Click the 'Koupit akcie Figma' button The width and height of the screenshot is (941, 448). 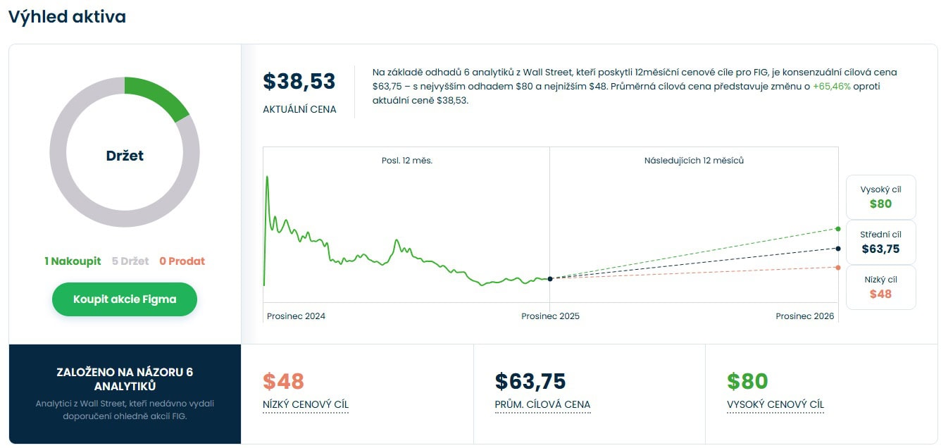[125, 299]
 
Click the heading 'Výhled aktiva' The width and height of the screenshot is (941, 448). [67, 16]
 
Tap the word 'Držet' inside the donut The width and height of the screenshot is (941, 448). [125, 156]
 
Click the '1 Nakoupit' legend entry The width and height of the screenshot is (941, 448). [73, 261]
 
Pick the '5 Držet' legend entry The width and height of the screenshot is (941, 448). [130, 261]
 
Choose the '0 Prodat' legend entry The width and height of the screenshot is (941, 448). [182, 261]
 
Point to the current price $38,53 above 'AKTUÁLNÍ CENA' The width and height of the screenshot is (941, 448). [299, 82]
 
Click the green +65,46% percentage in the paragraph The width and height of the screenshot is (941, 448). [831, 87]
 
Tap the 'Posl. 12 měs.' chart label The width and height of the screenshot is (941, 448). [406, 161]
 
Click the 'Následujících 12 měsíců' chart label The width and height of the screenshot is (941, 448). [694, 161]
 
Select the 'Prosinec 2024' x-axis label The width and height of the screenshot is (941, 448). [296, 316]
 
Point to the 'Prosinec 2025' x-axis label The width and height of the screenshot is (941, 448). [550, 316]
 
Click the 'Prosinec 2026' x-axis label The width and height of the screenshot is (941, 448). [804, 316]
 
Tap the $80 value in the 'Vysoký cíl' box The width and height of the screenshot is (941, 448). [880, 204]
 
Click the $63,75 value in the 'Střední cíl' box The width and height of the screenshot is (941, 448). [880, 249]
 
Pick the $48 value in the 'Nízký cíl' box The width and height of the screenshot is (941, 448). [880, 294]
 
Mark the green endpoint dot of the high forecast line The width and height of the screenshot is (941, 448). [837, 229]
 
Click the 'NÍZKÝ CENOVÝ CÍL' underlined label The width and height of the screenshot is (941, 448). [305, 404]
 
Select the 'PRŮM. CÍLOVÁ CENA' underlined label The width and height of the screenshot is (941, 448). [542, 404]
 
